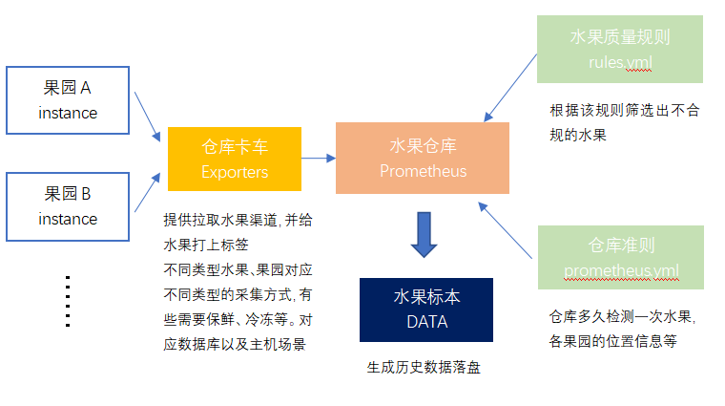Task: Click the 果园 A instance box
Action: point(68,100)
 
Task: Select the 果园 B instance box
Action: point(68,206)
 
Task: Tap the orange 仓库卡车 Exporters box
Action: point(235,160)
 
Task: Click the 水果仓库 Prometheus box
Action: point(423,159)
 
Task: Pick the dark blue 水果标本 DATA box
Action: point(426,309)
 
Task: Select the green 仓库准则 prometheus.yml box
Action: point(619,257)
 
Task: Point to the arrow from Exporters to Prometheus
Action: point(318,159)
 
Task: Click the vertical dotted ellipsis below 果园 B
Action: point(68,300)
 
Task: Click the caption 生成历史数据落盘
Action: point(424,366)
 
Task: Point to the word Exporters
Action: point(235,172)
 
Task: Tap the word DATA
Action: point(426,321)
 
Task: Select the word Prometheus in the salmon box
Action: point(423,171)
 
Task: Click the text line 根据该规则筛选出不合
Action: point(625,110)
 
